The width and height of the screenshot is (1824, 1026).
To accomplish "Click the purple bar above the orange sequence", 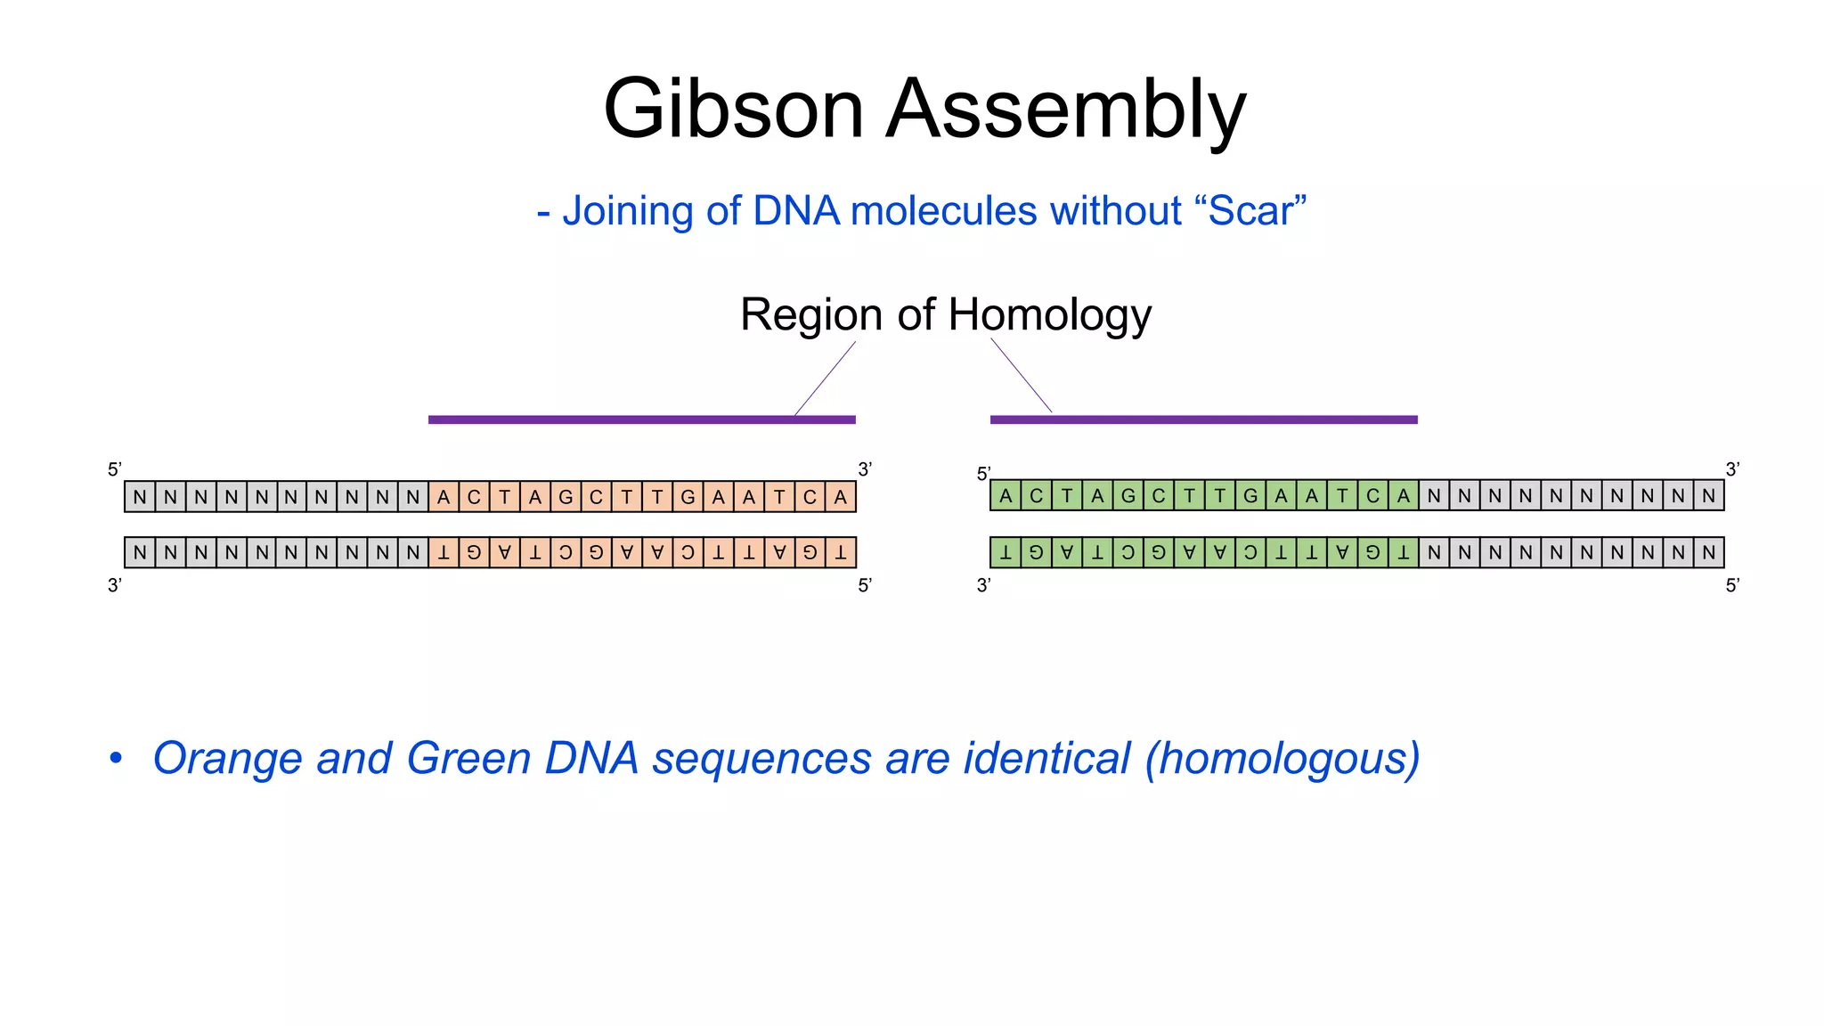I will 641,419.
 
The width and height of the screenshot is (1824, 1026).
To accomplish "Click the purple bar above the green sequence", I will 1203,419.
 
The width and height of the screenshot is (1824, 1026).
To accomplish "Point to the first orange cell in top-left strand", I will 444,497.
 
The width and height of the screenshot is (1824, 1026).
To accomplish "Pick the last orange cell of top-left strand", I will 840,497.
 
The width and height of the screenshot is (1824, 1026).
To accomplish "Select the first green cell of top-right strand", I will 1006,495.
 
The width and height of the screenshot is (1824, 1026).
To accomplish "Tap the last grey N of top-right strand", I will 1708,495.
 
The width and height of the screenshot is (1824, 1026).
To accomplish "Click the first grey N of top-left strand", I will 140,497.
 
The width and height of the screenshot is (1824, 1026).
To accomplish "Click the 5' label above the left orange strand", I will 115,469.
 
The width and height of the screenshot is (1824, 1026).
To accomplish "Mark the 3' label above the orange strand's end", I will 865,469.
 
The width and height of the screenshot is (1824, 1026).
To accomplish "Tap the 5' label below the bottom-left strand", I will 865,585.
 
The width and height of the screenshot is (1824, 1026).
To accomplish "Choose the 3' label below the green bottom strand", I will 984,585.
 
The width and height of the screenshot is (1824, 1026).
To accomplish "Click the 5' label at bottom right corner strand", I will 1732,585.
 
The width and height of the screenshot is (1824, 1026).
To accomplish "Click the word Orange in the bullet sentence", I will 228,759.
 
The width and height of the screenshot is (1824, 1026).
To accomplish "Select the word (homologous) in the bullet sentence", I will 1282,759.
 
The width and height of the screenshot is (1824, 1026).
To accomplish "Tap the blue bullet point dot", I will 116,758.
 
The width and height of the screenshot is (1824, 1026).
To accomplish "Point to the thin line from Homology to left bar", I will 825,379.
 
